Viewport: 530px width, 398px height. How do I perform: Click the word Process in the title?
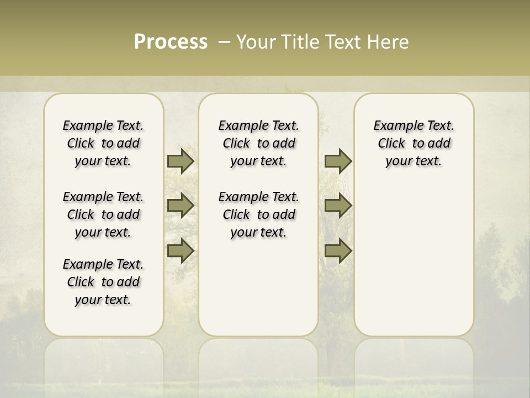point(171,42)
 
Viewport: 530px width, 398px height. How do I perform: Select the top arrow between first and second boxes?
point(181,161)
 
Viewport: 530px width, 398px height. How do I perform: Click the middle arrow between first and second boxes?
point(181,206)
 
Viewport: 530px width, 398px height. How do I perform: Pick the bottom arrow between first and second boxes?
point(181,251)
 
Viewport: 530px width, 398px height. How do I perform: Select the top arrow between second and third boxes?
point(338,161)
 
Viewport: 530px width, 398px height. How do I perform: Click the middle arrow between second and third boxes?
point(338,206)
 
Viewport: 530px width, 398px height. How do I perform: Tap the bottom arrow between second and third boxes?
point(338,251)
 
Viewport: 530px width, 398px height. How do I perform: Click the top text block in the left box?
point(103,143)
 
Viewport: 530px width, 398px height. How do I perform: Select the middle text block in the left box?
point(103,214)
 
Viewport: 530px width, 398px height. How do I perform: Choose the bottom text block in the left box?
point(103,282)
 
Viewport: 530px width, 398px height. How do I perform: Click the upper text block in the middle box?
point(258,143)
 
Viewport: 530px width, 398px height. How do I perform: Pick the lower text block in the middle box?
point(258,214)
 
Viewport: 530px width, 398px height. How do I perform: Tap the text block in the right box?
point(414,143)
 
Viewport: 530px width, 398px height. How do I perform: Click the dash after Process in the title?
point(224,42)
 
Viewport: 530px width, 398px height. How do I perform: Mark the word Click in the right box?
point(391,144)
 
